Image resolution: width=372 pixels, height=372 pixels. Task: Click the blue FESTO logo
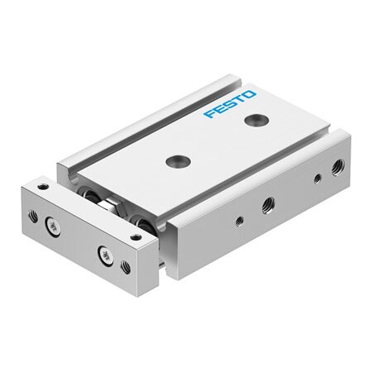click(x=231, y=104)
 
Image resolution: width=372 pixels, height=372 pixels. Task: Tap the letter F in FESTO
click(x=209, y=113)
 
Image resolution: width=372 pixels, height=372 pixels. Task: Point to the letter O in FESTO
click(x=250, y=95)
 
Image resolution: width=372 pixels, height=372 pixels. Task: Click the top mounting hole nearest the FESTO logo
click(x=250, y=122)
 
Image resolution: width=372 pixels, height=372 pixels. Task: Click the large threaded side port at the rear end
click(x=336, y=169)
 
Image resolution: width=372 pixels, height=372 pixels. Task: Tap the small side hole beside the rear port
click(x=317, y=179)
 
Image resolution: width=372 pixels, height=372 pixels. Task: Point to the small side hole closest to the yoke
click(x=238, y=220)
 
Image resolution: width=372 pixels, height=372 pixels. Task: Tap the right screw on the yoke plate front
click(x=104, y=254)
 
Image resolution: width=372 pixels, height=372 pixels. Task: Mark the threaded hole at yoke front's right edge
click(x=125, y=267)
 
